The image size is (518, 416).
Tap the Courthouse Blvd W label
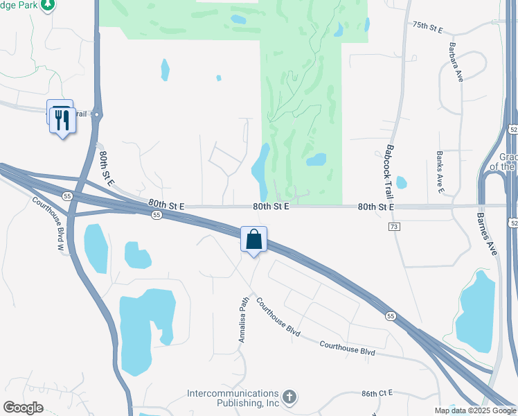(50, 223)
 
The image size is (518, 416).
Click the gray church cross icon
(289, 397)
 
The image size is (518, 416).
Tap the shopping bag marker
(254, 239)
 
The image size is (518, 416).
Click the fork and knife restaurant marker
(63, 120)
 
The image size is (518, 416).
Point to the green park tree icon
(47, 6)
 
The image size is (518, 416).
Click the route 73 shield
(394, 227)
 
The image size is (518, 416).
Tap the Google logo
(24, 408)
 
